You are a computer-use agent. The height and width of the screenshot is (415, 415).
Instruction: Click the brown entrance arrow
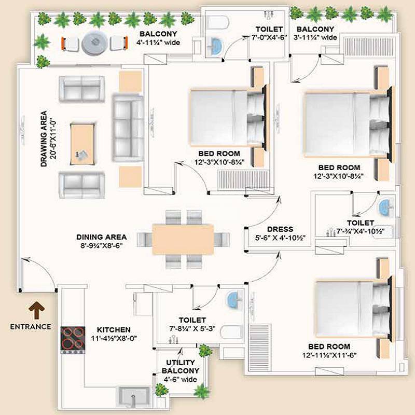coord(38,310)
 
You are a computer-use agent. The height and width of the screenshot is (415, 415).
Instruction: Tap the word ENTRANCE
coord(30,327)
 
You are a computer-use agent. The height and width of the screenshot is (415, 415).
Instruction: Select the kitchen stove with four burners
coord(73,339)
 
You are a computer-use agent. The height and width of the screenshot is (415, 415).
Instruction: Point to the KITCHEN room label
coord(114,330)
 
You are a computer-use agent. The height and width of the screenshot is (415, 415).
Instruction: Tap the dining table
coord(183,239)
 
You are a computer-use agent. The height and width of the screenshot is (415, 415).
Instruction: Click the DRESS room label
coord(280,229)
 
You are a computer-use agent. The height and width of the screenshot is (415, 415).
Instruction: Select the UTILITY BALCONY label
coord(181,366)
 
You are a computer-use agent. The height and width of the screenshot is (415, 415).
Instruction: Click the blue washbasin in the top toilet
coord(214,47)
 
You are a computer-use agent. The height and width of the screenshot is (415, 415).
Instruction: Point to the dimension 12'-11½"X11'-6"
coord(329,355)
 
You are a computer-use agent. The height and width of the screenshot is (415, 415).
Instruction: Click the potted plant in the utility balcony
coord(205,351)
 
